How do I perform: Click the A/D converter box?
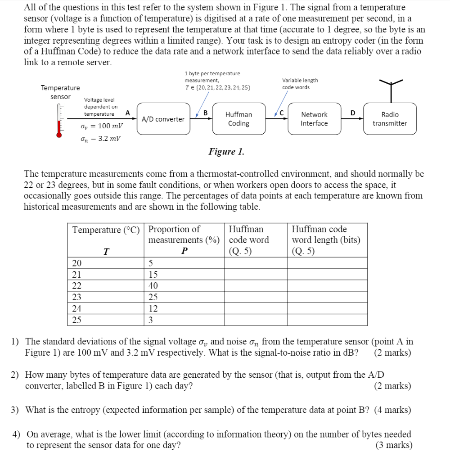tap(163, 119)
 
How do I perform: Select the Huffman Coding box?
tap(238, 119)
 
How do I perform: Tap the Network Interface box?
tap(314, 119)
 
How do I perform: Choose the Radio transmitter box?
tap(390, 119)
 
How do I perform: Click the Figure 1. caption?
tap(226, 152)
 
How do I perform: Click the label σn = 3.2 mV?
tap(100, 139)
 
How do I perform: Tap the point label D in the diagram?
tap(353, 113)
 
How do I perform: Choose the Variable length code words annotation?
tap(300, 84)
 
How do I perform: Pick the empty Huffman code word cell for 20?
tap(256, 263)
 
